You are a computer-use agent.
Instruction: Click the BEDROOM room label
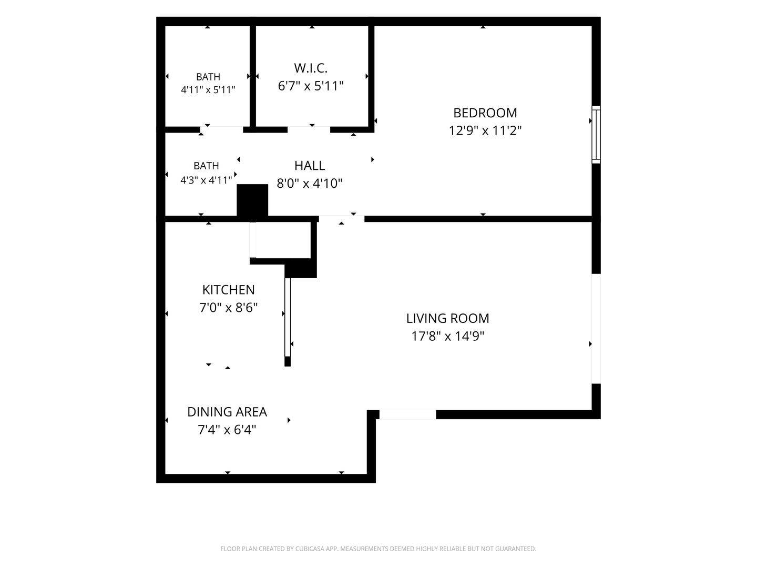point(485,113)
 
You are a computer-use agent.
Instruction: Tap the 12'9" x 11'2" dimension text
point(485,131)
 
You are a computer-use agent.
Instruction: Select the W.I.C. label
point(310,68)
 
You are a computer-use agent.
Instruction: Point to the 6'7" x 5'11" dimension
point(311,86)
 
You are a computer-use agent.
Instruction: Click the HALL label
point(309,166)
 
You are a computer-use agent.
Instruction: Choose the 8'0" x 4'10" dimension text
point(309,183)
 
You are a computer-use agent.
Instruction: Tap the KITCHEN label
point(228,290)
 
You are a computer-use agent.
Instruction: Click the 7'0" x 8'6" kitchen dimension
point(228,307)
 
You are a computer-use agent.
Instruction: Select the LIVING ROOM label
point(448,318)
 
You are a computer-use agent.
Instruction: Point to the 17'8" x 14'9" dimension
point(448,336)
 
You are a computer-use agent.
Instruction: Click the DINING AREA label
point(227,412)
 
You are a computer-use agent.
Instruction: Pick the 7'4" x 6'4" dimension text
point(227,430)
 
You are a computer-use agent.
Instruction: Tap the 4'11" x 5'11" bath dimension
point(208,89)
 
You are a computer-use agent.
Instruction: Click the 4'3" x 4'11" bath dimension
point(206,180)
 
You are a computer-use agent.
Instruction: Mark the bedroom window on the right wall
point(596,135)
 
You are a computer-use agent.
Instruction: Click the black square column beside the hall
point(252,200)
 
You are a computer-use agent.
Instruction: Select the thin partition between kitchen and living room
point(287,317)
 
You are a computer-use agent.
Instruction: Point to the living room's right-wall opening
point(596,329)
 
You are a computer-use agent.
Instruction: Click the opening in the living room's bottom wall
point(407,414)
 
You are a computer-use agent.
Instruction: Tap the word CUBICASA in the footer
point(310,549)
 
